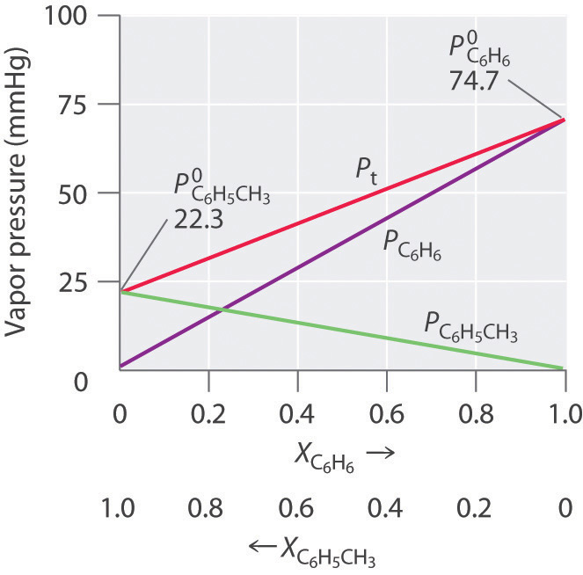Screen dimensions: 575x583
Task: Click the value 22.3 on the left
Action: pos(198,217)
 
